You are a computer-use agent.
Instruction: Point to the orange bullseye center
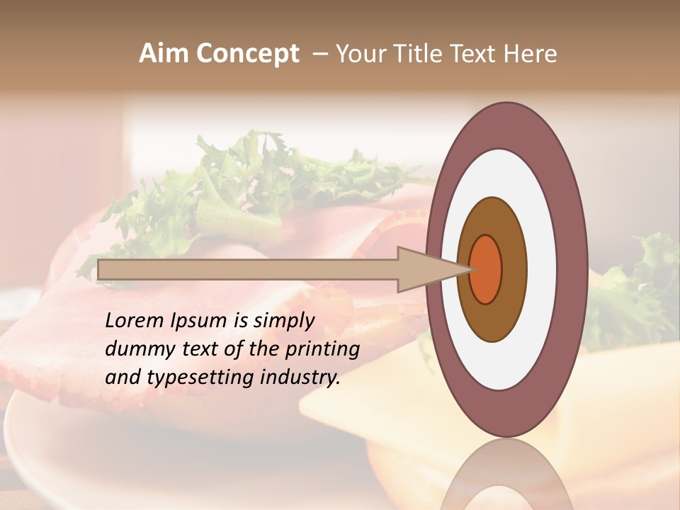click(486, 269)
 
